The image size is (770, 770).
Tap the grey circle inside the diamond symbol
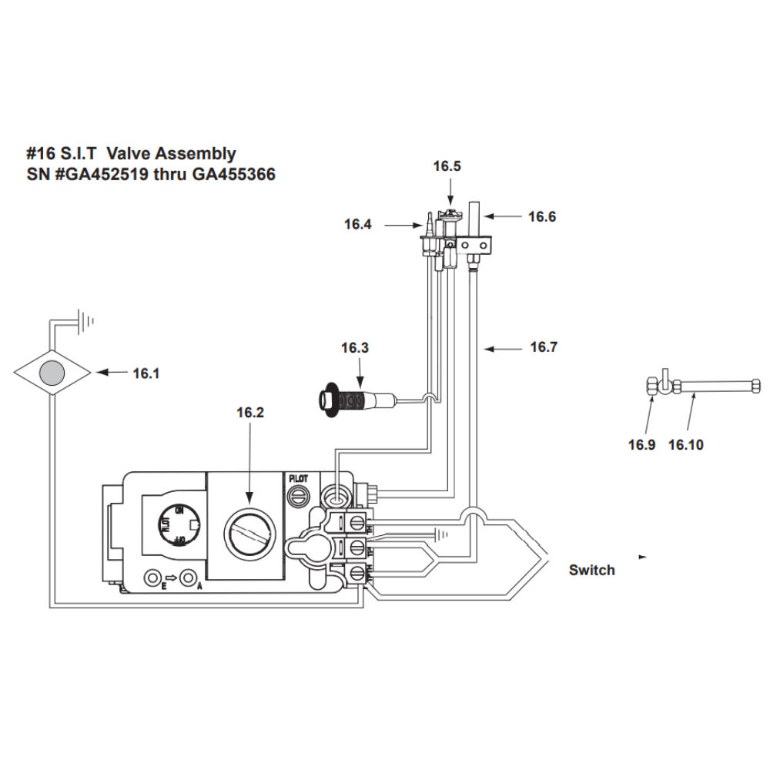pyautogui.click(x=53, y=373)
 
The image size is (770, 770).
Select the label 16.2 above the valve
pyautogui.click(x=250, y=413)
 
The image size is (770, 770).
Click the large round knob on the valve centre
pyautogui.click(x=248, y=532)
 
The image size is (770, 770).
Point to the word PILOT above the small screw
pyautogui.click(x=298, y=478)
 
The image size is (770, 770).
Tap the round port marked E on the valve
pyautogui.click(x=156, y=577)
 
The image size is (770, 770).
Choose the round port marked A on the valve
pyautogui.click(x=188, y=577)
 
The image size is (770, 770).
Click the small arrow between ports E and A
pyautogui.click(x=172, y=577)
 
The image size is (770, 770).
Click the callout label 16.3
pyautogui.click(x=355, y=348)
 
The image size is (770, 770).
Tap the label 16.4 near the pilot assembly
pyautogui.click(x=358, y=225)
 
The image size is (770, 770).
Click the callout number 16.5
pyautogui.click(x=447, y=166)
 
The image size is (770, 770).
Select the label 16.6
pyautogui.click(x=542, y=217)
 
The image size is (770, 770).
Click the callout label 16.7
pyautogui.click(x=544, y=347)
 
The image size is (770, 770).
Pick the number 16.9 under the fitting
pyautogui.click(x=641, y=444)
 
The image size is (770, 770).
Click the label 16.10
pyautogui.click(x=685, y=444)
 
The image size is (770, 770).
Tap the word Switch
pyautogui.click(x=591, y=571)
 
